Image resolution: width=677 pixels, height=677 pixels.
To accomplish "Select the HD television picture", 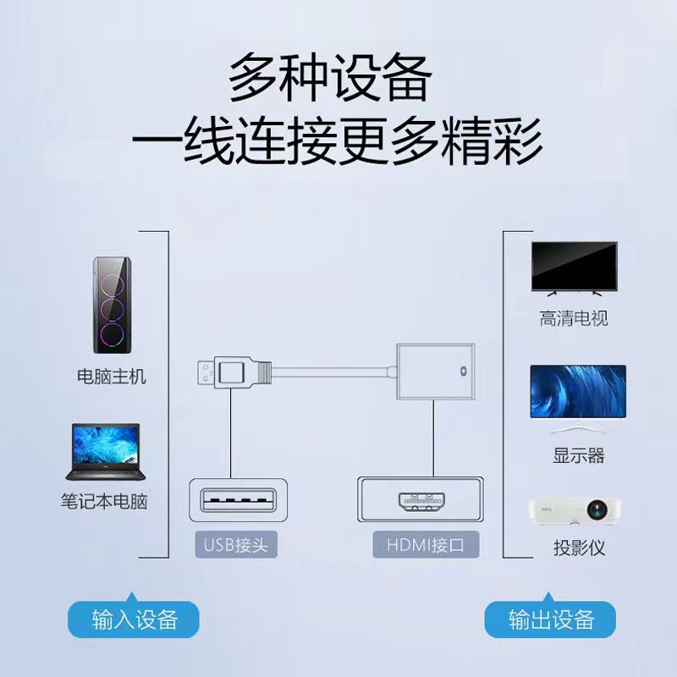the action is [573, 268].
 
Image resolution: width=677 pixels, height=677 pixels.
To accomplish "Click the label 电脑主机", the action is [112, 377].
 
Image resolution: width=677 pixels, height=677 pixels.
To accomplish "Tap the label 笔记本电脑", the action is [104, 501].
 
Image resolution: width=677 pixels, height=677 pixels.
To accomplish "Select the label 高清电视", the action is [574, 319].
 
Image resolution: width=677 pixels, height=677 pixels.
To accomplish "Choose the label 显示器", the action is [579, 455].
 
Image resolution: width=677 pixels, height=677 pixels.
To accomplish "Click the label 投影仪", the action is [579, 548].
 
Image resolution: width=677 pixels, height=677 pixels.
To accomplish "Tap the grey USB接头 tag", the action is [235, 545].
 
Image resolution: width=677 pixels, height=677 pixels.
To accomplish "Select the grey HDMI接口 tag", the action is [425, 545].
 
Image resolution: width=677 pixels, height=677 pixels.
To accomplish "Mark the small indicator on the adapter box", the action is [462, 371].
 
